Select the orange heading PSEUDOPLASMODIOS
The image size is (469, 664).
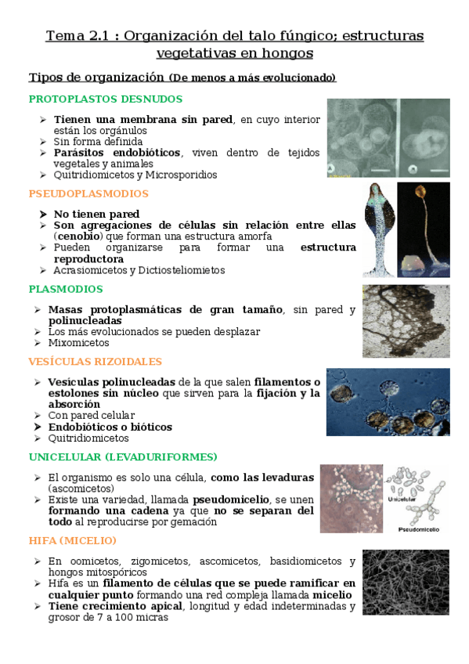[88, 193]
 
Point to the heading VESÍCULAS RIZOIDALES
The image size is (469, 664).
[95, 362]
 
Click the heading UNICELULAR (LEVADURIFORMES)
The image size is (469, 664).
[123, 456]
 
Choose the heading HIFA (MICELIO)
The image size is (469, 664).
[72, 540]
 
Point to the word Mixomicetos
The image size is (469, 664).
[78, 342]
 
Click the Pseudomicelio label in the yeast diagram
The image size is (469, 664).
[419, 529]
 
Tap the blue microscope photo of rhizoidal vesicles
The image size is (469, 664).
[388, 402]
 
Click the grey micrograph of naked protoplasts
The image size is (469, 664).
[388, 139]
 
